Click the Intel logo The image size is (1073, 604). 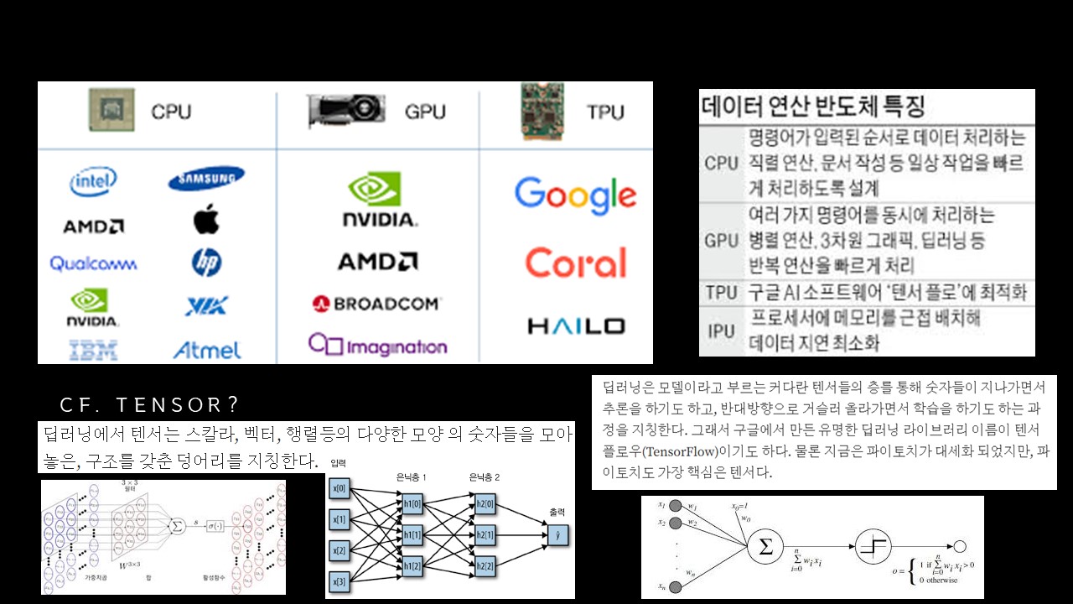[x=93, y=181]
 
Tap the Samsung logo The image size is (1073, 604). [x=206, y=179]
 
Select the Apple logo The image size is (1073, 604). [x=206, y=221]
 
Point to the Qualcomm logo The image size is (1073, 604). [x=93, y=263]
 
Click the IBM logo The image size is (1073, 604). [x=93, y=350]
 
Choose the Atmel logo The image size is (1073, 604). [x=206, y=350]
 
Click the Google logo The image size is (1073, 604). [x=575, y=195]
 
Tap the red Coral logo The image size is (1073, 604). [x=575, y=263]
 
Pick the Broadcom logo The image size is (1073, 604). [x=376, y=304]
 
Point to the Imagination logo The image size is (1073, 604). [x=377, y=345]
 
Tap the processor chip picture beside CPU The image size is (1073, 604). [x=111, y=110]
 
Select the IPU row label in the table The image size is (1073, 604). [x=721, y=331]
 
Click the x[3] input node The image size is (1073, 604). [x=339, y=581]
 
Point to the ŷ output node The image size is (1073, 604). [x=557, y=534]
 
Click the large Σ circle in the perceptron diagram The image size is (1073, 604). [x=765, y=547]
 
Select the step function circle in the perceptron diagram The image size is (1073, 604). [x=874, y=547]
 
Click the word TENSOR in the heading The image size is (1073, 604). [x=168, y=405]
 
